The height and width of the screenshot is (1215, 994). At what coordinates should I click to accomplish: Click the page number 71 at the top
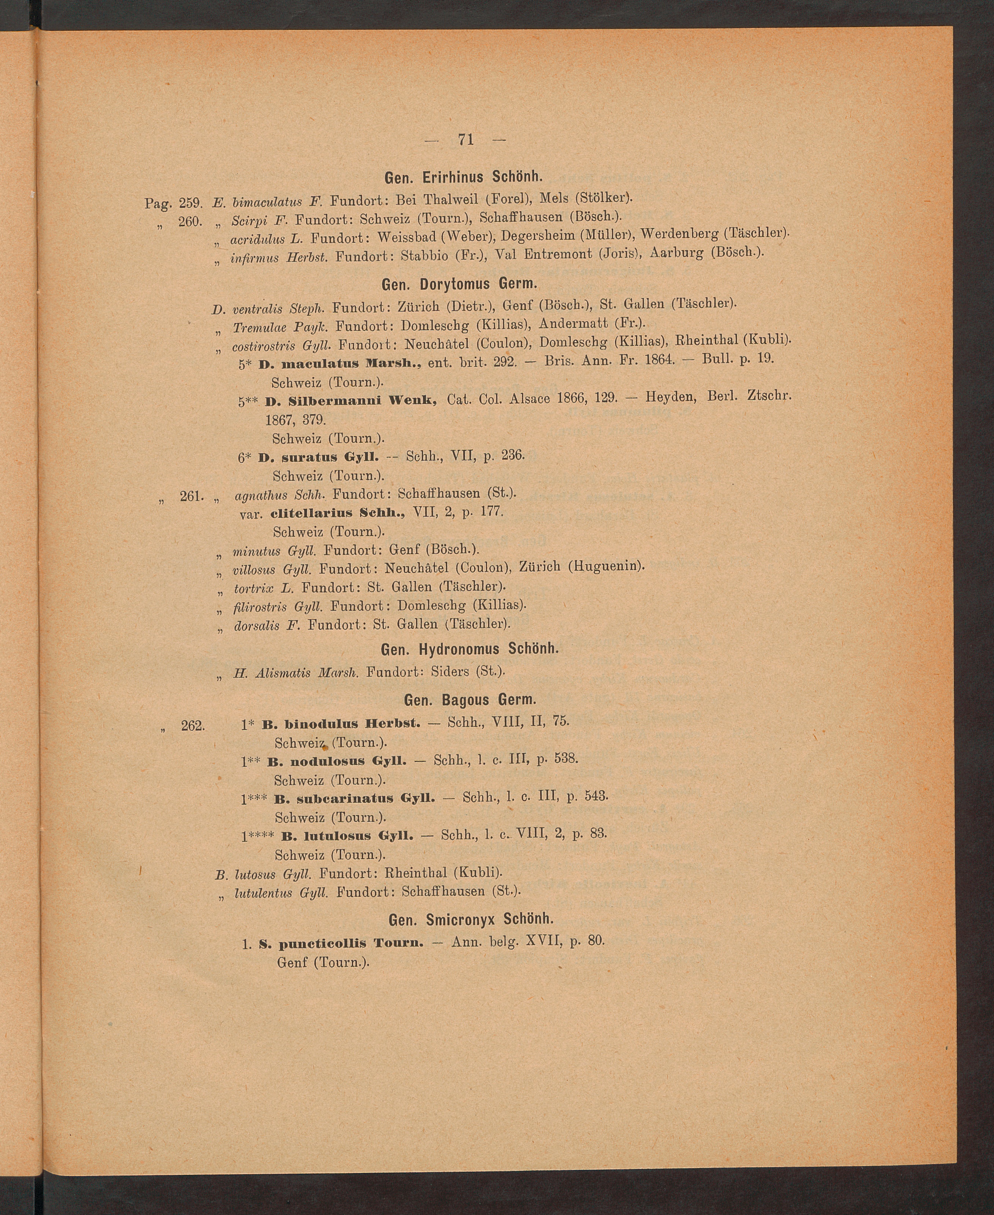[465, 139]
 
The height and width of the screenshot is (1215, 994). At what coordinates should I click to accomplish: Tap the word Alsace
[526, 399]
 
